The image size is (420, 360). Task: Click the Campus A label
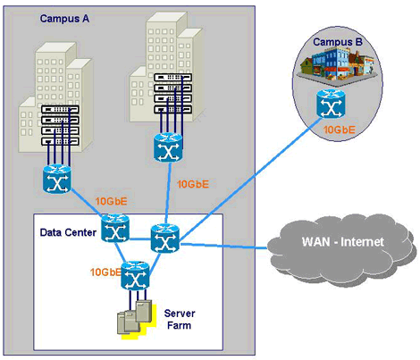(x=64, y=19)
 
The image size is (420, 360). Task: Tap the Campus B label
(x=338, y=42)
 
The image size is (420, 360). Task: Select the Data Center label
(x=68, y=232)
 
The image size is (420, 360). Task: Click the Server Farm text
(x=180, y=319)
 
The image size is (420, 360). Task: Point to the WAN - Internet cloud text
(x=343, y=242)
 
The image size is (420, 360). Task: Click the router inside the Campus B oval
(x=331, y=105)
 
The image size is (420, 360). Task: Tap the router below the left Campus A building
(x=57, y=179)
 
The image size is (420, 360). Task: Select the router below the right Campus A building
(x=168, y=147)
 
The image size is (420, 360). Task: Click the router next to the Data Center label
(x=115, y=229)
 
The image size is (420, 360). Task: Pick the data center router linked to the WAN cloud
(x=165, y=239)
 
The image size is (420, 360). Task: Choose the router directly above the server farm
(x=135, y=276)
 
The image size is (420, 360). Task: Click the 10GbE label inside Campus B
(x=340, y=130)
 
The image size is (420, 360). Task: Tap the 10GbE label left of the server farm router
(x=105, y=272)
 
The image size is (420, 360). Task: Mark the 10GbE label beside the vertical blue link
(x=193, y=184)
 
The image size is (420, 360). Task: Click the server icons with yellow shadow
(x=137, y=320)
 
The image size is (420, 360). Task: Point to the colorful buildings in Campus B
(x=337, y=66)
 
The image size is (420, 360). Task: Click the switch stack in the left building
(x=60, y=125)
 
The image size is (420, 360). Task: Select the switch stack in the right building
(x=172, y=93)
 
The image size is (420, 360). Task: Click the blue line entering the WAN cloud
(x=223, y=246)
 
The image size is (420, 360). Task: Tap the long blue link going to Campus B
(x=250, y=180)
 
